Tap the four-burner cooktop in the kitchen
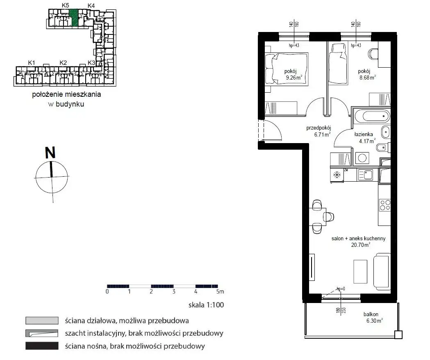tap(385, 205)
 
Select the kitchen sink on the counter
tap(365, 175)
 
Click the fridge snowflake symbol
tap(337, 175)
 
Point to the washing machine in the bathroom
tap(362, 158)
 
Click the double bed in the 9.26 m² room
tap(287, 68)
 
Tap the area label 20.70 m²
tap(361, 245)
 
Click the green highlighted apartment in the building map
tap(73, 18)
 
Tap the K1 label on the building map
tap(32, 63)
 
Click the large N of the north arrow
tap(50, 153)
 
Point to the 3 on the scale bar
tap(173, 292)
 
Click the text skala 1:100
tap(206, 305)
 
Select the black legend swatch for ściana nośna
tap(42, 346)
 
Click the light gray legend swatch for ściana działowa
tap(42, 321)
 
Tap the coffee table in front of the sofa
tap(360, 272)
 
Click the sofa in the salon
tap(382, 272)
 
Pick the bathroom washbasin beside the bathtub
tap(386, 132)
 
